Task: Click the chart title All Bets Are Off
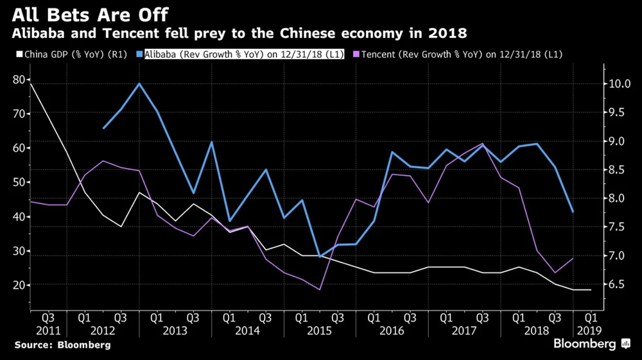coord(88,13)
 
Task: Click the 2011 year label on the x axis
coord(48,330)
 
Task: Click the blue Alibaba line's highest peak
coord(139,83)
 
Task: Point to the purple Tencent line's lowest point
coord(318,289)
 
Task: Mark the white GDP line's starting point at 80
coord(30,83)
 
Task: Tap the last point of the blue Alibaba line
coord(573,212)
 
